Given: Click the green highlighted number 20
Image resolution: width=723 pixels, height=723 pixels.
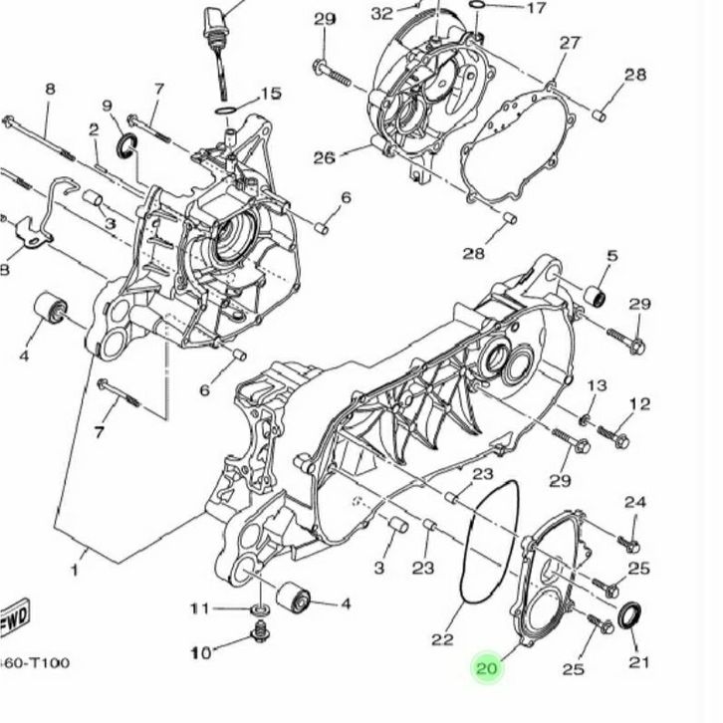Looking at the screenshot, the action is [488, 667].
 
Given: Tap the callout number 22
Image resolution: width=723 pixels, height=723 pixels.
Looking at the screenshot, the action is [442, 639].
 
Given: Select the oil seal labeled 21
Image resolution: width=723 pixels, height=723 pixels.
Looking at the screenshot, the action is [629, 615].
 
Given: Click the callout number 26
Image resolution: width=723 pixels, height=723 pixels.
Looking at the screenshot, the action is [324, 158].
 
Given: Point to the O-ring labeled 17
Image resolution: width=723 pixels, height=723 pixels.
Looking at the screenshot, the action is [478, 5].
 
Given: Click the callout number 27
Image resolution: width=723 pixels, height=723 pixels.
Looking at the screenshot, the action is [570, 43].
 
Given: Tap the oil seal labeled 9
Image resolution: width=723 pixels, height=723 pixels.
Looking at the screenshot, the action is [125, 144].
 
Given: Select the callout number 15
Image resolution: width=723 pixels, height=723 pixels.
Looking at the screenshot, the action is [271, 94].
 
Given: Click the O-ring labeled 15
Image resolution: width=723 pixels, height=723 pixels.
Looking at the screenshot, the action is [225, 112].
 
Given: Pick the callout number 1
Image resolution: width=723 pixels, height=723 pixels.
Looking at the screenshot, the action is [75, 571].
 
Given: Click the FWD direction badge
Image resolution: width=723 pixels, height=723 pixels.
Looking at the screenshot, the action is [14, 616].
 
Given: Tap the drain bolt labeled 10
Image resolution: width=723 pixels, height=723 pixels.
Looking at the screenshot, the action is [261, 631].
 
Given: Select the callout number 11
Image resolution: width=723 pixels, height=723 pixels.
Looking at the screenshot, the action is [200, 609].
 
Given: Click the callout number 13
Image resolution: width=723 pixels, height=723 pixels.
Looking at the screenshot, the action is [597, 385].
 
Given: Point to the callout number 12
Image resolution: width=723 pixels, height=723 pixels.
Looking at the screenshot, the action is [639, 404].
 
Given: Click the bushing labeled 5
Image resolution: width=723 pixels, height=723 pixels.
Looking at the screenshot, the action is [596, 295].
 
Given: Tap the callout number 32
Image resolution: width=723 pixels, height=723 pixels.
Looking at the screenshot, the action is [381, 14].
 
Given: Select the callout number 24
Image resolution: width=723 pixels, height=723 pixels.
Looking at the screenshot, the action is [635, 502].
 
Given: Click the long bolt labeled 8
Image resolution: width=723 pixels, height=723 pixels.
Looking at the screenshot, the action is [39, 137].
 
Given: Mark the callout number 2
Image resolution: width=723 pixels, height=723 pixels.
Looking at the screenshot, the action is [94, 129].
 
